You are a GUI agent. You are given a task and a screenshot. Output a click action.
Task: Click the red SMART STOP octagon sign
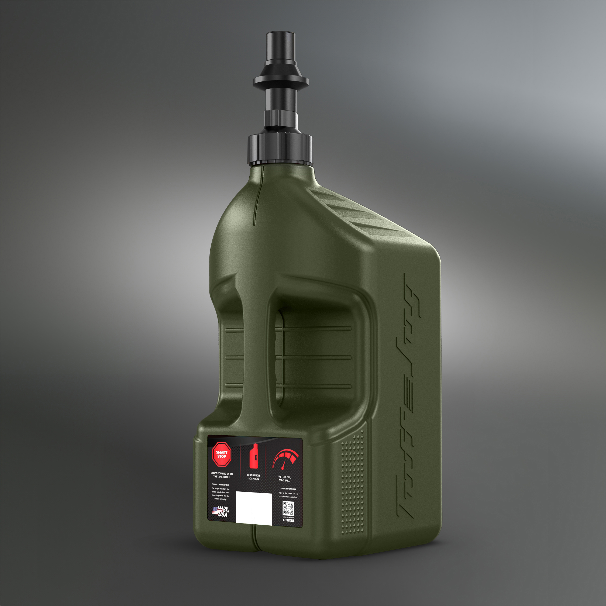(x=221, y=454)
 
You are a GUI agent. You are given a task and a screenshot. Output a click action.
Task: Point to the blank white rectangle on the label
(x=253, y=508)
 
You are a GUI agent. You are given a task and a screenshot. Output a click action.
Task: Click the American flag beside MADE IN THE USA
(x=215, y=511)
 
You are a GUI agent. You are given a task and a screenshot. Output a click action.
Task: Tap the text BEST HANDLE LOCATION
(x=253, y=477)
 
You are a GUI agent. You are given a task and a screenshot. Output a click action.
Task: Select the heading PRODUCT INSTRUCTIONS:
(x=221, y=485)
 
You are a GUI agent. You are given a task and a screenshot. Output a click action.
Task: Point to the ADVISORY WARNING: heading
(x=288, y=489)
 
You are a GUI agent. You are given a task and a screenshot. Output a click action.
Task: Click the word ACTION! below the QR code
(x=288, y=520)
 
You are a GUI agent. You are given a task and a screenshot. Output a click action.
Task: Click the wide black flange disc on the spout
(x=280, y=81)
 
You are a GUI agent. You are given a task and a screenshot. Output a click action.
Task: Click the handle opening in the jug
(x=317, y=361)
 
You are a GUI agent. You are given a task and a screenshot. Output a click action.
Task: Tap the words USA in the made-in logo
(x=223, y=515)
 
